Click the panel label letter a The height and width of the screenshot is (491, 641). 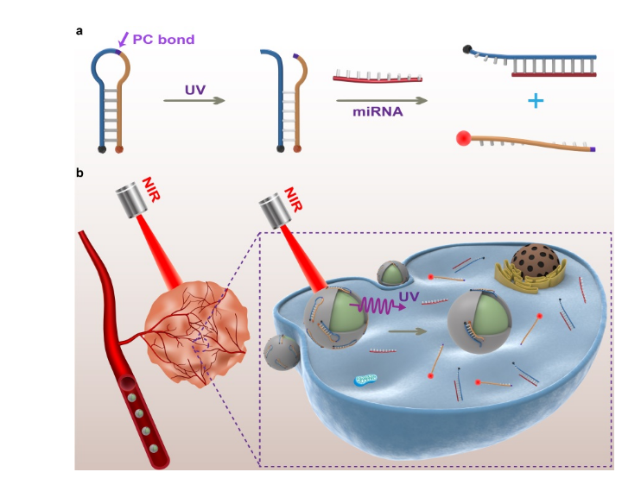tap(79, 32)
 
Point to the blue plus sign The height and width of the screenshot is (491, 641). tap(535, 101)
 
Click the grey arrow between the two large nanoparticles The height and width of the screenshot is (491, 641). tap(409, 330)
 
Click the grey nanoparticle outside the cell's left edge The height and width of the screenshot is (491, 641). tap(281, 352)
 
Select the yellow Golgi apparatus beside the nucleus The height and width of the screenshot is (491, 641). tap(512, 278)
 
